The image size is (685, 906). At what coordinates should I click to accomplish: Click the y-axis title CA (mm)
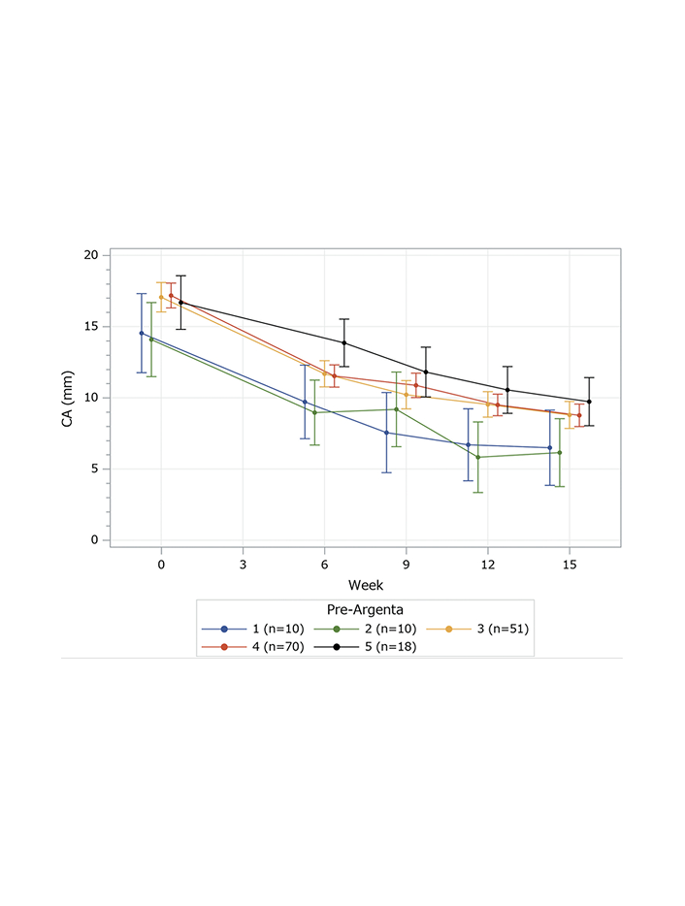68,398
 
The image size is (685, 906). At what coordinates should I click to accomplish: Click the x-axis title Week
366,585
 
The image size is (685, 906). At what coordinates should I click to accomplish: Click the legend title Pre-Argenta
365,610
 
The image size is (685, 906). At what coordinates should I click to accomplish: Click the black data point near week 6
343,342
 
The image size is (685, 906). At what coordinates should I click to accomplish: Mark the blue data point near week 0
142,333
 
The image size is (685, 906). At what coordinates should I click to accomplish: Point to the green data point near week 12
478,457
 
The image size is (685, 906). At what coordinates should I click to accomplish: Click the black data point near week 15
589,402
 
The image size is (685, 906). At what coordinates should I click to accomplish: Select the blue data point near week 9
386,433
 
